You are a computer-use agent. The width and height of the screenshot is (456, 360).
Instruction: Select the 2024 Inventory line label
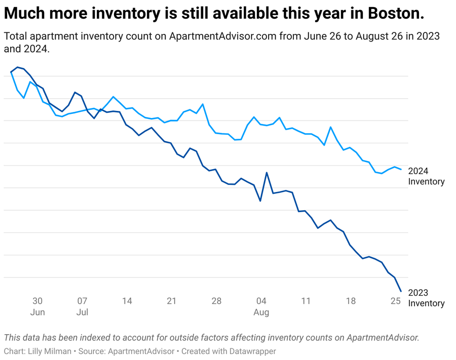pyautogui.click(x=426, y=176)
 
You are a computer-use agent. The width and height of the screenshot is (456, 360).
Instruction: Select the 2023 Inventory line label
pyautogui.click(x=426, y=298)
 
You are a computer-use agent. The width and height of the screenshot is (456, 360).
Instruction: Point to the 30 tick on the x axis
pyautogui.click(x=37, y=301)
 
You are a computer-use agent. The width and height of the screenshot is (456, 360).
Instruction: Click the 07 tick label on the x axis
pyautogui.click(x=82, y=301)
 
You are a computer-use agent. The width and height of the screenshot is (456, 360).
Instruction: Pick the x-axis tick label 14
pyautogui.click(x=127, y=301)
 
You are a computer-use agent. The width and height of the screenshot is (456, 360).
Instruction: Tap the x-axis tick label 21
pyautogui.click(x=172, y=301)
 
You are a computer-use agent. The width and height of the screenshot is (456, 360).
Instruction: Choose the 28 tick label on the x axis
pyautogui.click(x=216, y=301)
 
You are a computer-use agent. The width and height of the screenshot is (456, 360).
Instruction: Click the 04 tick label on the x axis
pyautogui.click(x=261, y=301)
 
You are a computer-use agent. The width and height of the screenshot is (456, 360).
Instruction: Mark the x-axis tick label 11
pyautogui.click(x=306, y=301)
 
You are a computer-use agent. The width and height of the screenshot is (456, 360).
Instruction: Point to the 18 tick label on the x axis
pyautogui.click(x=351, y=301)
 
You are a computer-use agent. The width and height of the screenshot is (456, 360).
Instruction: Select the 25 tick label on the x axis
pyautogui.click(x=395, y=301)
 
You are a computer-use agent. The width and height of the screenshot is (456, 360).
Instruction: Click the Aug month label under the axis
pyautogui.click(x=261, y=312)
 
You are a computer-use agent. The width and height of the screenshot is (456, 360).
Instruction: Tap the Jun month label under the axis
pyautogui.click(x=37, y=312)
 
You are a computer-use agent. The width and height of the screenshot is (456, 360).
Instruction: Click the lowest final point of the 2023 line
pyautogui.click(x=401, y=291)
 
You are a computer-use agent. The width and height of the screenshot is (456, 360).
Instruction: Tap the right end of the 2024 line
pyautogui.click(x=401, y=169)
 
